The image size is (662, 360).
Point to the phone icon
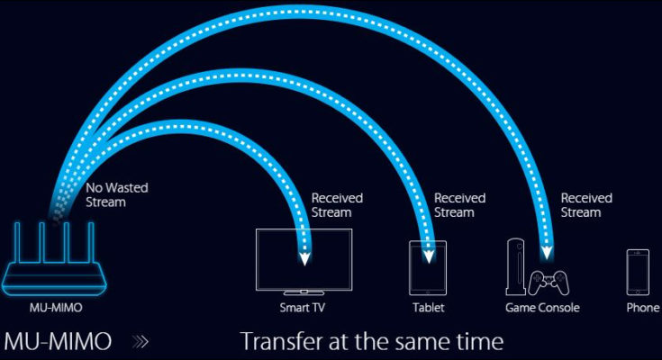638,273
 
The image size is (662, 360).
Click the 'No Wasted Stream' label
117,195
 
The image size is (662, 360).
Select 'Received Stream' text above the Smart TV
337,205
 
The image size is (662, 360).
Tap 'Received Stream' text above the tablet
459,205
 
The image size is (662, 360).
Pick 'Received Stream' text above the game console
586,205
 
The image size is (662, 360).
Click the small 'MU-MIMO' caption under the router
56,308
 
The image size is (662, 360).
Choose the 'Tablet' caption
429,308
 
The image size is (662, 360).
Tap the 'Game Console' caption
542,308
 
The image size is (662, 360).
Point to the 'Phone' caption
643,308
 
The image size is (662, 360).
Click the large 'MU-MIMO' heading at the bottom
58,342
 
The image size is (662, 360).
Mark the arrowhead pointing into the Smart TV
305,257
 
